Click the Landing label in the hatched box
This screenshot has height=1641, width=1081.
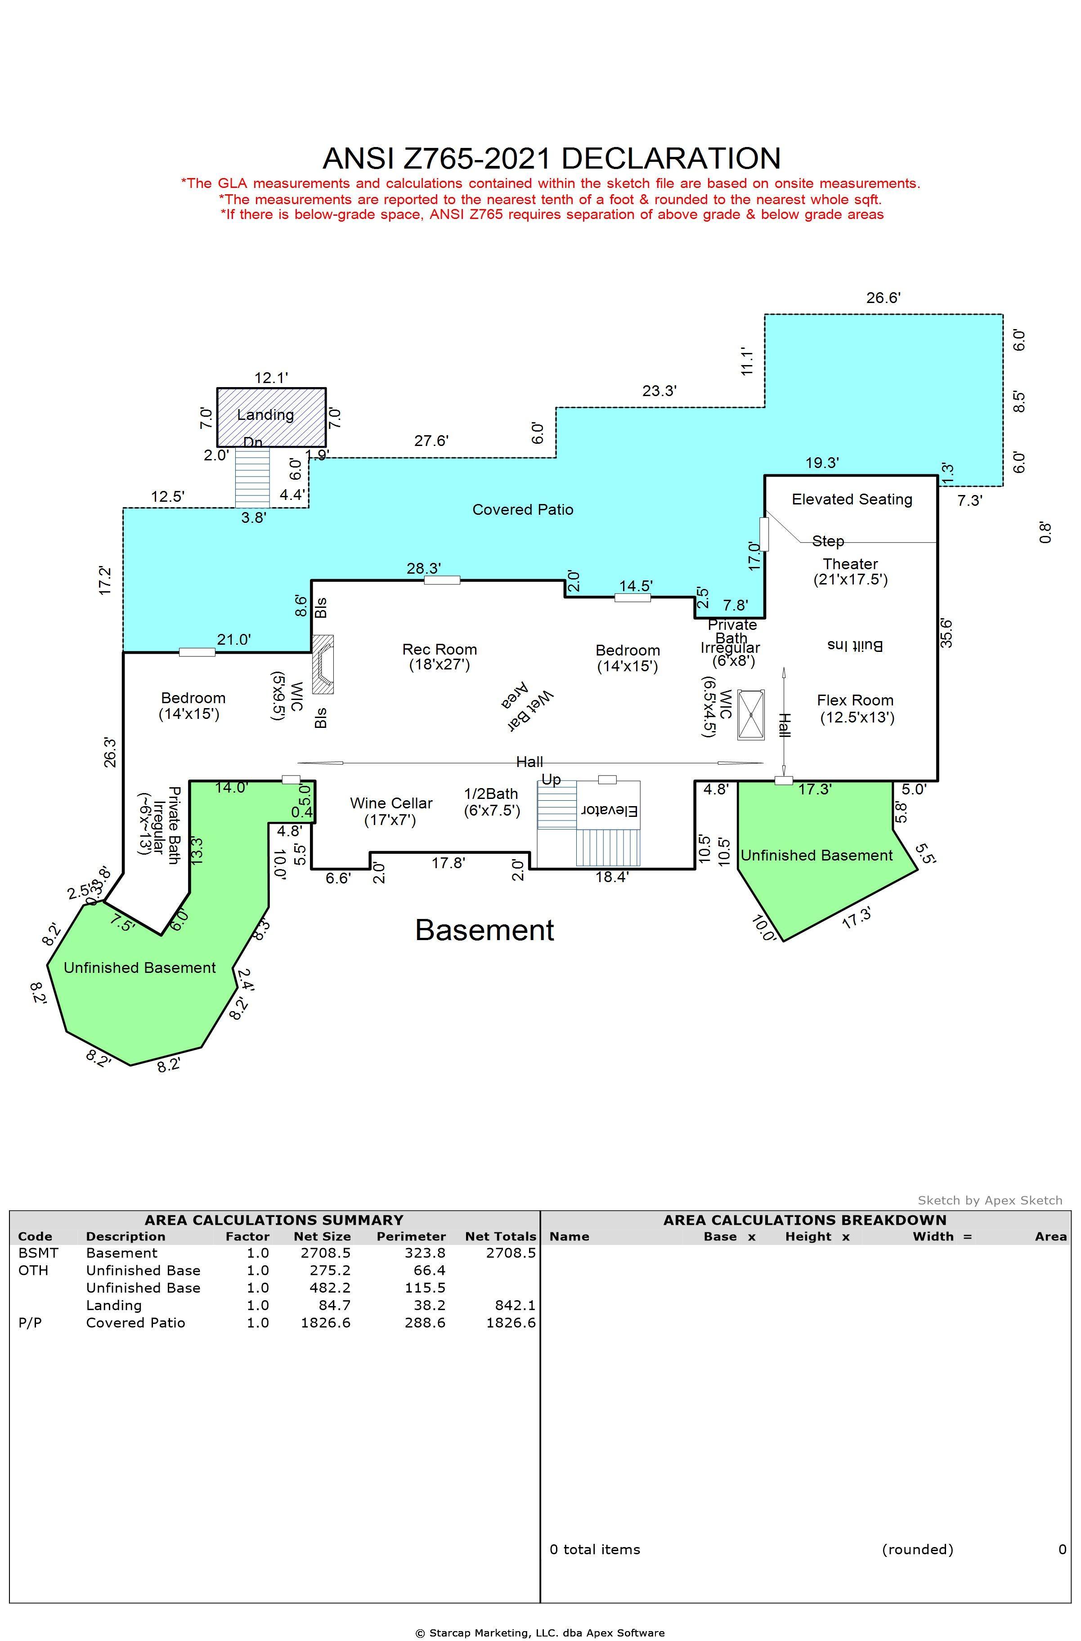(265, 415)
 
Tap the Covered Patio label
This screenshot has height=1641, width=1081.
(522, 509)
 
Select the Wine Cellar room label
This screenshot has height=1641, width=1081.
(391, 803)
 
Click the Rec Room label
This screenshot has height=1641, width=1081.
(440, 650)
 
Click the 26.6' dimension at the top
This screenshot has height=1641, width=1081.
(883, 298)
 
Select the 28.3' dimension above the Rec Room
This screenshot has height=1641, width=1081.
(424, 568)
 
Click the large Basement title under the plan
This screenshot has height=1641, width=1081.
(484, 930)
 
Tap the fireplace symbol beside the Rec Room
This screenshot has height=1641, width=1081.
(323, 664)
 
